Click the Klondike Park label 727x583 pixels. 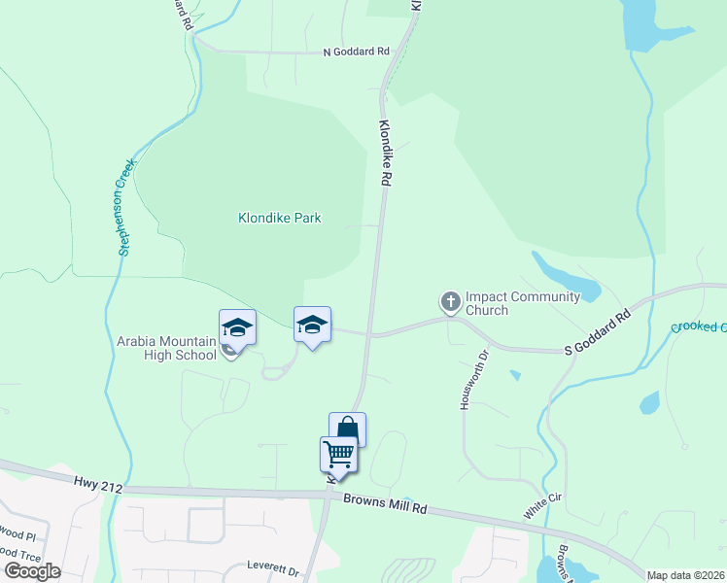[x=280, y=219]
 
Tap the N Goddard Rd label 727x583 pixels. [x=356, y=52]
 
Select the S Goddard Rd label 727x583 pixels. [x=599, y=333]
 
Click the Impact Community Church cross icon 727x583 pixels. [x=450, y=302]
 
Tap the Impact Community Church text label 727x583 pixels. [x=522, y=303]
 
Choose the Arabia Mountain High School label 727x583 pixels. [x=166, y=348]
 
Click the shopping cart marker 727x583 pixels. [x=338, y=455]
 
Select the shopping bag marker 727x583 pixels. [x=348, y=429]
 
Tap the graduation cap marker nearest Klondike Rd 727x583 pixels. [x=312, y=325]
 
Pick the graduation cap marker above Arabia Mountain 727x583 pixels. [x=237, y=327]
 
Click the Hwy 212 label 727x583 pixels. [x=98, y=483]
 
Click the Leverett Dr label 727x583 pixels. [x=272, y=565]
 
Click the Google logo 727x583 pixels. [x=32, y=570]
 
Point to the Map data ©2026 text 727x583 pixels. [x=686, y=575]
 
